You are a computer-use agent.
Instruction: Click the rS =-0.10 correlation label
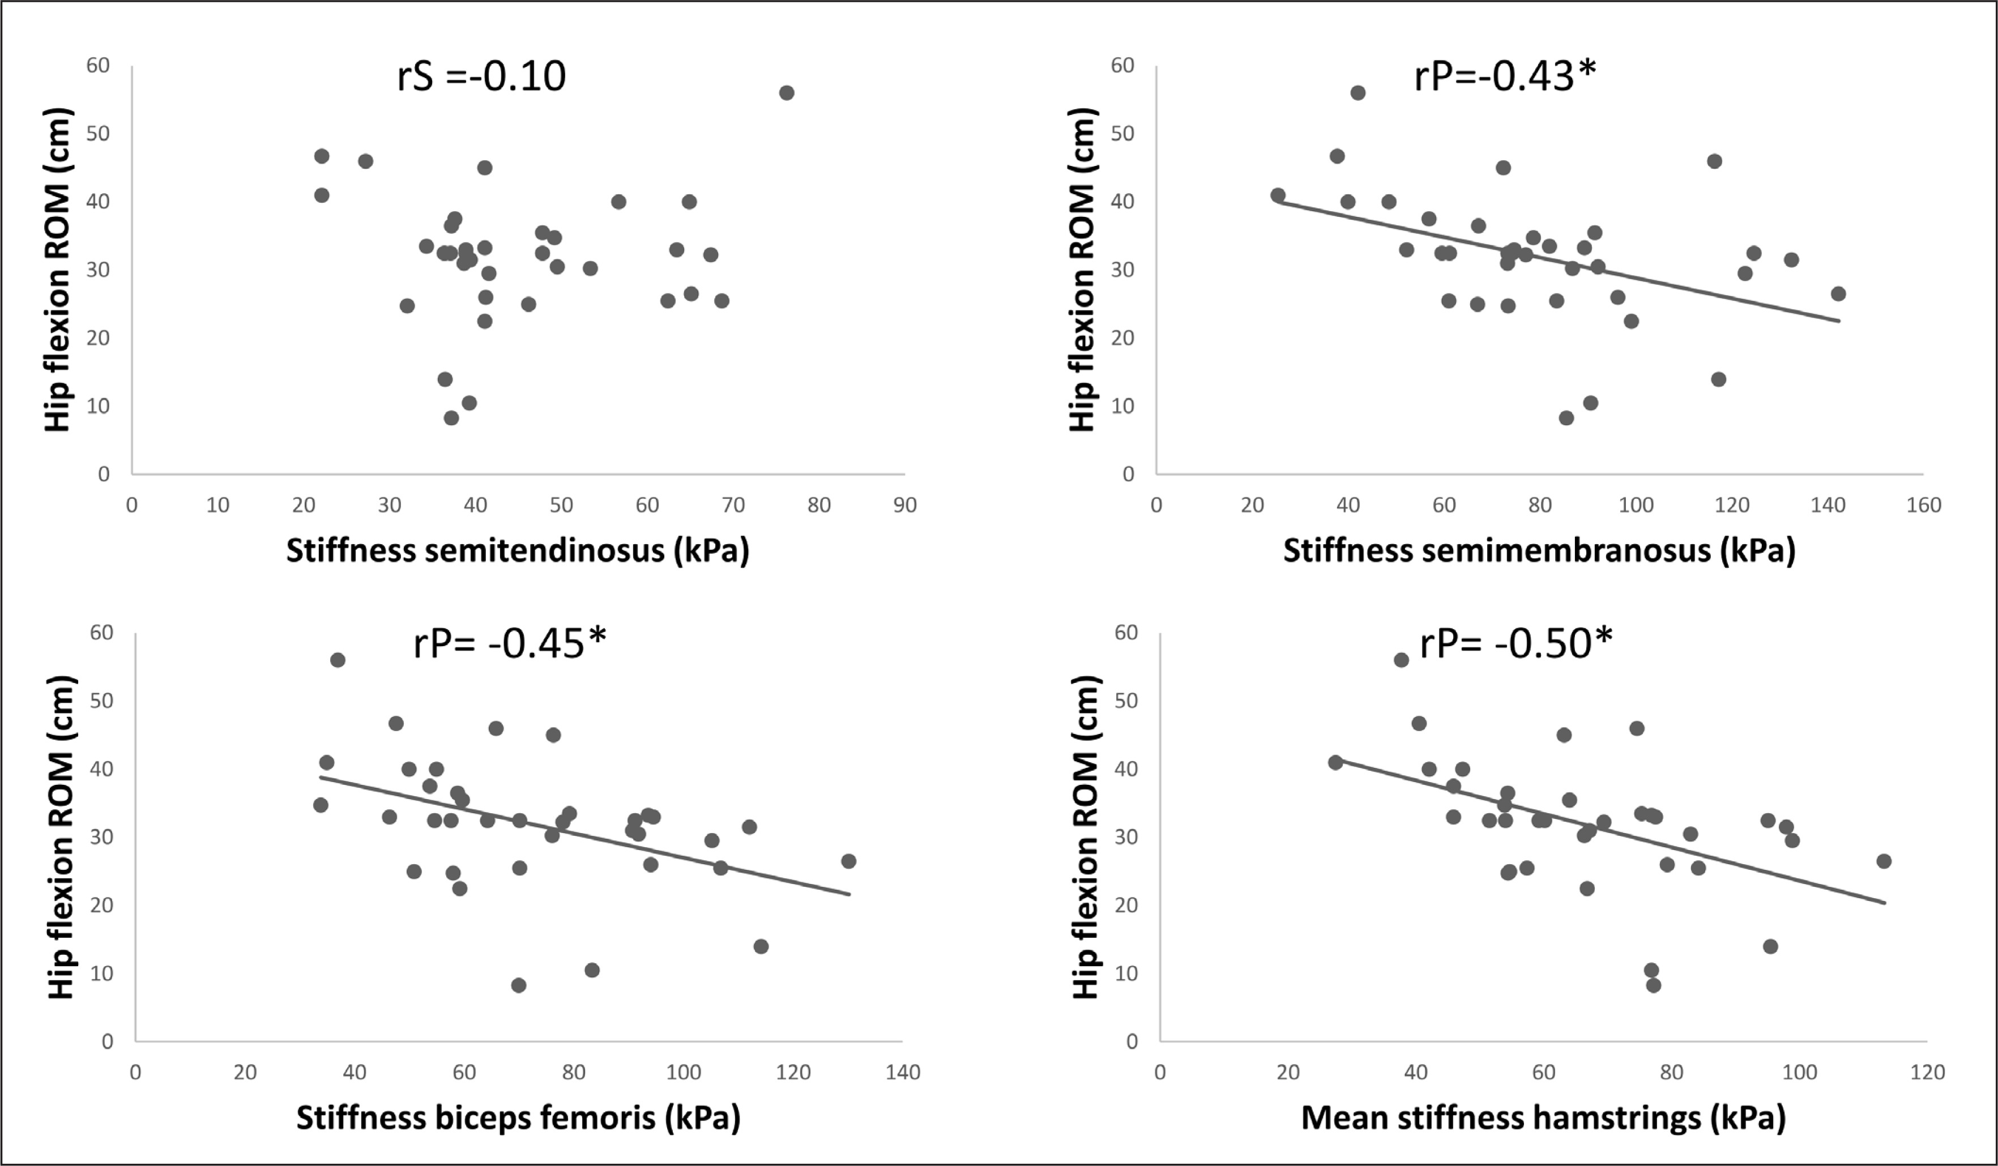point(481,77)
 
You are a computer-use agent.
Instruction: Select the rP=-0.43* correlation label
point(1504,77)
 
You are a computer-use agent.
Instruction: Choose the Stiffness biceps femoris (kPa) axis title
point(518,1118)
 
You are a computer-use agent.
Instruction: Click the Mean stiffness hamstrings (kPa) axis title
point(1543,1118)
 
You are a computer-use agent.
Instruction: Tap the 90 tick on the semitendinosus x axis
point(904,506)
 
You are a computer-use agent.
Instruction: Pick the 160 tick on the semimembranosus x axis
point(1923,506)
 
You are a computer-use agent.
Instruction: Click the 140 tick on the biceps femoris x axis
point(902,1073)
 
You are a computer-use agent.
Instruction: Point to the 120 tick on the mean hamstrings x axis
point(1927,1073)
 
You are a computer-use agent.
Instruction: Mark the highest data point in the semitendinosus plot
point(787,93)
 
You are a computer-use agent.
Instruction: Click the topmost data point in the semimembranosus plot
point(1357,93)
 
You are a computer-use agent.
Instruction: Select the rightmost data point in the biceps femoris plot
point(848,861)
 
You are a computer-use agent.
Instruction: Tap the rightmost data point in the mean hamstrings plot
point(1884,861)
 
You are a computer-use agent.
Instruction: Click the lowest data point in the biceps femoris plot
point(519,985)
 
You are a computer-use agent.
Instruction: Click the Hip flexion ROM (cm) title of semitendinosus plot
point(58,270)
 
